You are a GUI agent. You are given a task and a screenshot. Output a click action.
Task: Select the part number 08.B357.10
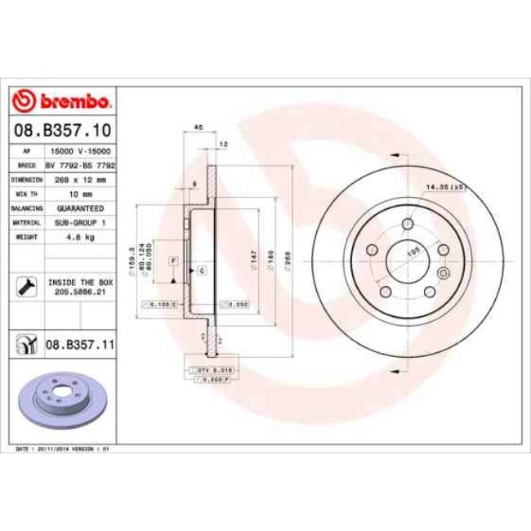[63, 129]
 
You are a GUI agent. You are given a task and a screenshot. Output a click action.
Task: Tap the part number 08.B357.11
[79, 346]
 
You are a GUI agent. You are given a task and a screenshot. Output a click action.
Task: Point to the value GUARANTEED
[79, 208]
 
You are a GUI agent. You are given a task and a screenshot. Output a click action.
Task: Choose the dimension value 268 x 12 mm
[79, 180]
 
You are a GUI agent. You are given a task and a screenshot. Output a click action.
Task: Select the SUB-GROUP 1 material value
[79, 222]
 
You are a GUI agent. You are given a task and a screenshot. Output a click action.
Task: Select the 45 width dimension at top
[198, 127]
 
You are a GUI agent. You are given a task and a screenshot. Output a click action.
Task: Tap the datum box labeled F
[173, 260]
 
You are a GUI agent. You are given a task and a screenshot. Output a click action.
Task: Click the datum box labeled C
[201, 270]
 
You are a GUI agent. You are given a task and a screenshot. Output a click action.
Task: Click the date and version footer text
[64, 449]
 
